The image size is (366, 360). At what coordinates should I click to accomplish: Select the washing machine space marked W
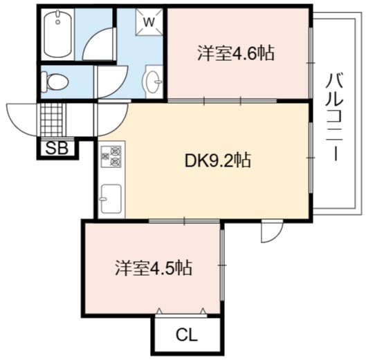(x=149, y=22)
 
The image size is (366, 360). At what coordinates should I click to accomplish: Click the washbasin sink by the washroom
(x=152, y=82)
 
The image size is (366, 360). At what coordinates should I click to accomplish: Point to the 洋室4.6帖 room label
(x=236, y=54)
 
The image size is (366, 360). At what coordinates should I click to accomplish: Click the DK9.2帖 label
(x=218, y=160)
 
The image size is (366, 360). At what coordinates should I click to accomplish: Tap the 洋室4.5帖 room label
(x=154, y=267)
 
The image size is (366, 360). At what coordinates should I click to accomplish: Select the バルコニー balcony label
(x=335, y=117)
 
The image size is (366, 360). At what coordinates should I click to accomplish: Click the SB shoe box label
(x=57, y=149)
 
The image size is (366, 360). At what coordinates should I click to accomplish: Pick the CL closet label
(x=187, y=335)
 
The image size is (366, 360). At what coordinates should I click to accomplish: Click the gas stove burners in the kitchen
(x=111, y=156)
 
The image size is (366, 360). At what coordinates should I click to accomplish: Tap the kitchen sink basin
(x=111, y=199)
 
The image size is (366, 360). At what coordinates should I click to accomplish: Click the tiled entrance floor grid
(x=53, y=120)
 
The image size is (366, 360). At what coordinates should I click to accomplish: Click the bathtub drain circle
(x=57, y=22)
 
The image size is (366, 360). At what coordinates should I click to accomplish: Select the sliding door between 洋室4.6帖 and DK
(x=223, y=101)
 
